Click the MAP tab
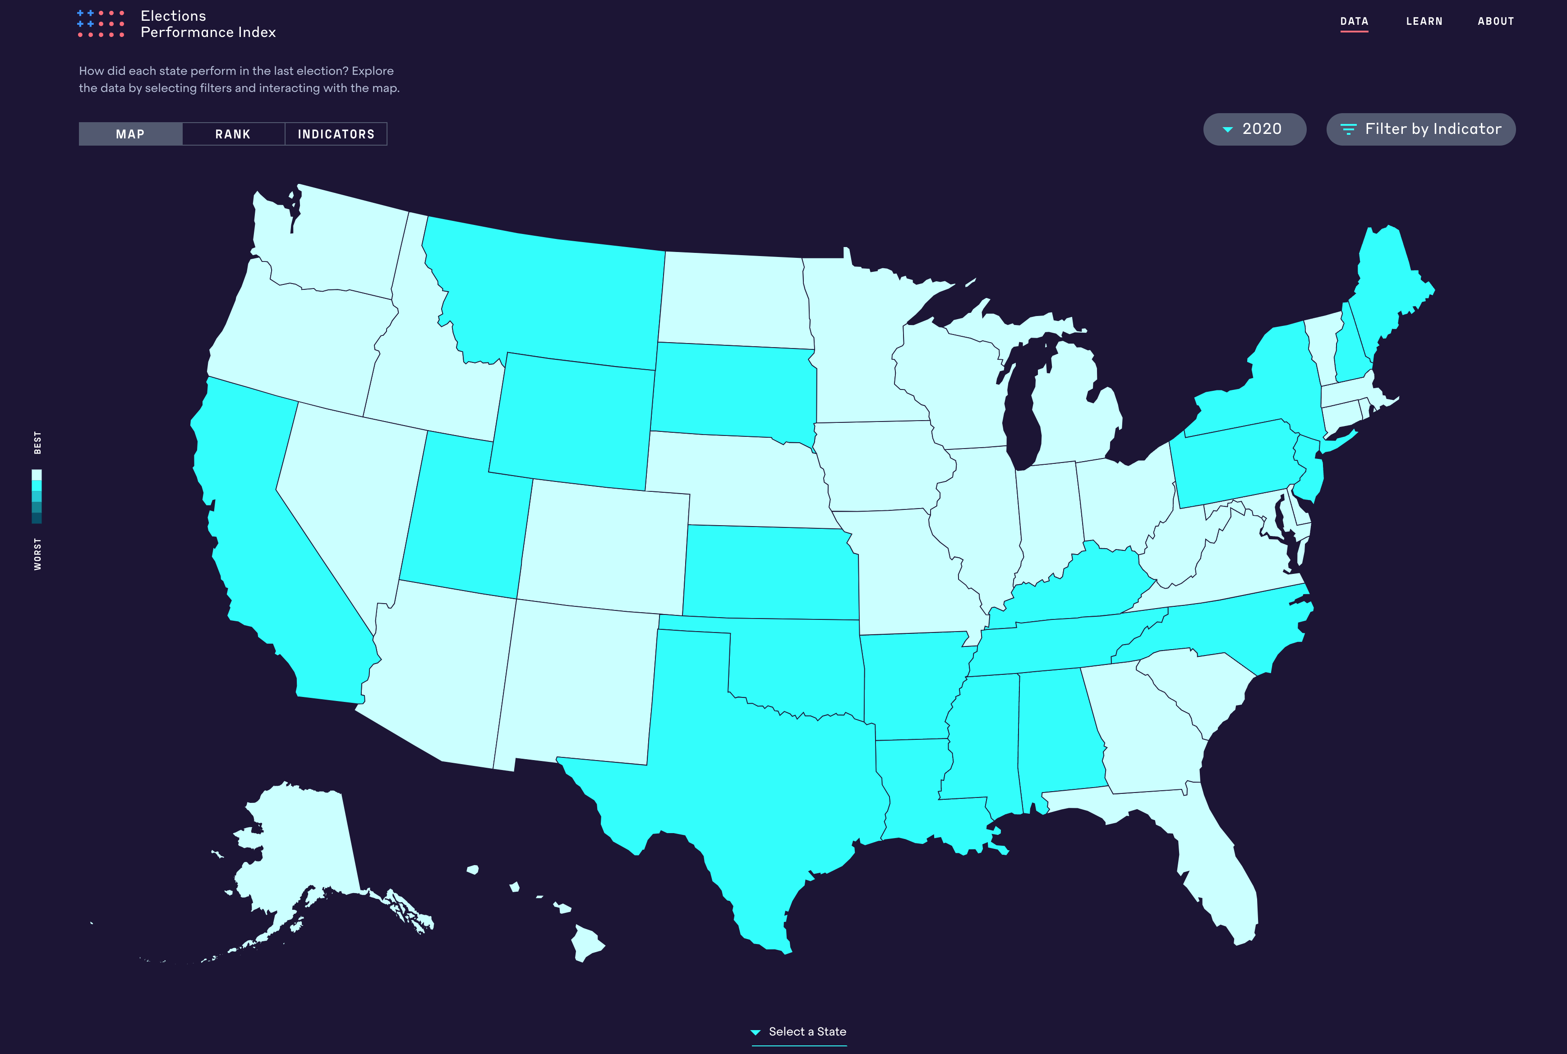(x=130, y=134)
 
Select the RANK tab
(x=233, y=134)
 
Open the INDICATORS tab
(x=336, y=134)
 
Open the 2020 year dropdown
(x=1254, y=129)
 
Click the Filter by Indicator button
(x=1420, y=129)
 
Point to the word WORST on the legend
(x=37, y=554)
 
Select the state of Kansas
(x=770, y=571)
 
